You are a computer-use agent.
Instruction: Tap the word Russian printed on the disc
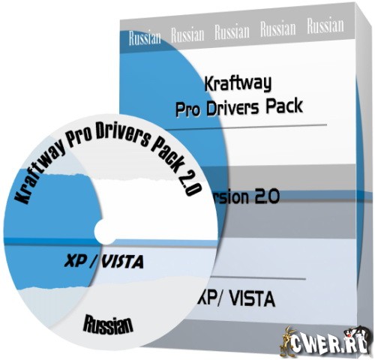click(x=109, y=325)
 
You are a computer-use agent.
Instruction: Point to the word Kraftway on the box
click(x=237, y=79)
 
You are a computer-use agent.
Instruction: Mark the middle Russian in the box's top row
click(x=232, y=32)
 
